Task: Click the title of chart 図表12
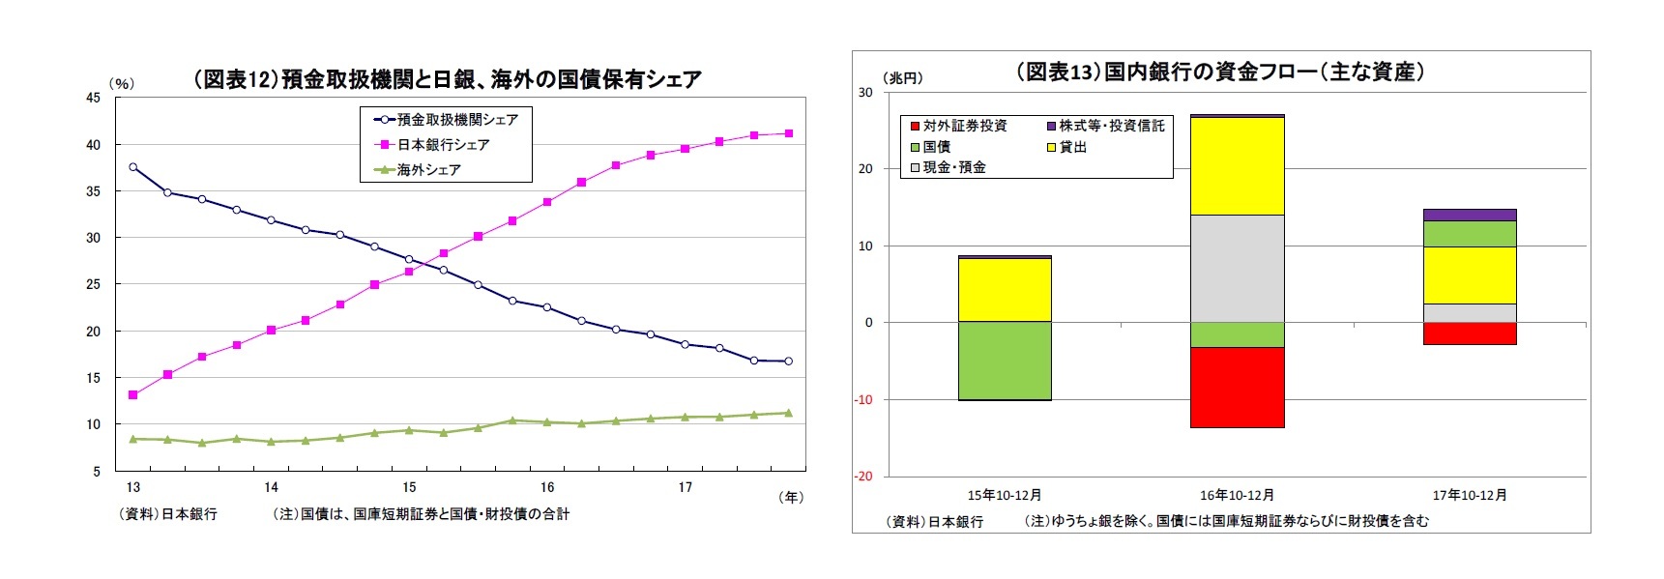click(x=448, y=79)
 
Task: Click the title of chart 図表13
click(x=1220, y=72)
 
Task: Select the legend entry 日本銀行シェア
click(x=443, y=145)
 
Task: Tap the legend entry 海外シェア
click(x=428, y=170)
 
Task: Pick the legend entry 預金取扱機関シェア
click(x=457, y=120)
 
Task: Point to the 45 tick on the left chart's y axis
click(x=93, y=98)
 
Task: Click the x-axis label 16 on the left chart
click(x=547, y=487)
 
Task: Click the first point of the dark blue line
click(x=133, y=167)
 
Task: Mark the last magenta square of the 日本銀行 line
click(x=789, y=133)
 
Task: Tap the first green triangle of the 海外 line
click(x=133, y=439)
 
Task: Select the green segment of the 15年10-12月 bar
click(x=1006, y=361)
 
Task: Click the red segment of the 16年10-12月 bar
click(x=1238, y=387)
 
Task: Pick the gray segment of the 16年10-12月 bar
click(x=1238, y=268)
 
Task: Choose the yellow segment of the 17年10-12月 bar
click(x=1470, y=275)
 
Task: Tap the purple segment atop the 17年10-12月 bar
click(x=1470, y=215)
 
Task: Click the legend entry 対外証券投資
click(x=964, y=126)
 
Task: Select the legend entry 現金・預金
click(x=953, y=167)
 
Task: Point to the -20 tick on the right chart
click(x=862, y=477)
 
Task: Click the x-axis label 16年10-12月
click(x=1237, y=495)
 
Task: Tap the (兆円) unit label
click(x=903, y=78)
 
